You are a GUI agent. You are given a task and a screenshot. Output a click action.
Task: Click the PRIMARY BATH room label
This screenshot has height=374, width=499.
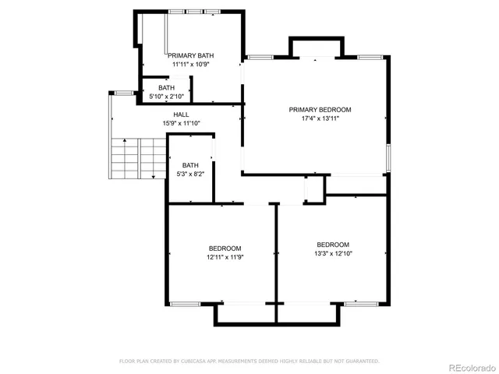tap(190, 55)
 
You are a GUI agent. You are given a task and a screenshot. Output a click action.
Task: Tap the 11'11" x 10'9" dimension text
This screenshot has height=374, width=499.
tap(190, 64)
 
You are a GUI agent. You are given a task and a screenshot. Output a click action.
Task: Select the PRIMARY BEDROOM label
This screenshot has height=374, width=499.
tap(320, 110)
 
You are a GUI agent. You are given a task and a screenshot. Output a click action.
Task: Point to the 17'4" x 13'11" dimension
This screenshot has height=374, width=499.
tap(320, 118)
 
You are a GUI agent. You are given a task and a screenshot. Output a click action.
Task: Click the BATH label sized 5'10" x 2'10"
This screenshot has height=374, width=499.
tap(166, 88)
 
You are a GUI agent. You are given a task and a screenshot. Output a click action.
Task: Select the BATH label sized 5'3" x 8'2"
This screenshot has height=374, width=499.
tap(190, 165)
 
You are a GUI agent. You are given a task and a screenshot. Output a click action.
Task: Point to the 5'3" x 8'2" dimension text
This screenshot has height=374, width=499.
tap(190, 174)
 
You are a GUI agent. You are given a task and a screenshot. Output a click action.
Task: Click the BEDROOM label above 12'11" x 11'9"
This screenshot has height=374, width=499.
tap(225, 249)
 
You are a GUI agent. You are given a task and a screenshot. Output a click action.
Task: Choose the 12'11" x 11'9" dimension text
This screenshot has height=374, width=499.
tap(225, 257)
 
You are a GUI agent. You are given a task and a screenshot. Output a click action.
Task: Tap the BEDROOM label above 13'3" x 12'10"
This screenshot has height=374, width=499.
tap(332, 244)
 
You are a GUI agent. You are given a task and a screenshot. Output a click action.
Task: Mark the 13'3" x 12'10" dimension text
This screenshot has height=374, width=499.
tap(332, 252)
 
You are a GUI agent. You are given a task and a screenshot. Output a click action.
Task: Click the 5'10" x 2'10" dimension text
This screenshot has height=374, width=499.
tap(166, 97)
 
